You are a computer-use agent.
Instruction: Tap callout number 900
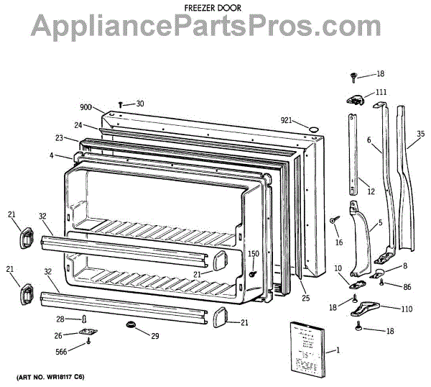tap(85, 107)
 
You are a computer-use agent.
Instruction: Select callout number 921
tap(287, 121)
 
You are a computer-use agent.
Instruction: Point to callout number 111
tap(381, 92)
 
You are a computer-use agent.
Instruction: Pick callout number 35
tap(421, 134)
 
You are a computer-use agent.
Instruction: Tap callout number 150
tap(253, 254)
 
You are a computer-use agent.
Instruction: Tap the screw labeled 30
tap(121, 104)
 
